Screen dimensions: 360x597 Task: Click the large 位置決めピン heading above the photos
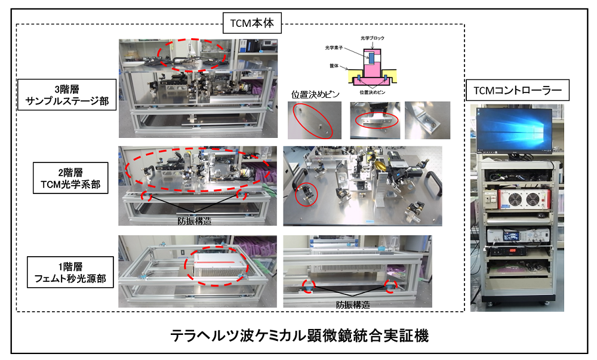(313, 94)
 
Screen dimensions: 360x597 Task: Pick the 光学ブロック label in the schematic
(373, 38)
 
